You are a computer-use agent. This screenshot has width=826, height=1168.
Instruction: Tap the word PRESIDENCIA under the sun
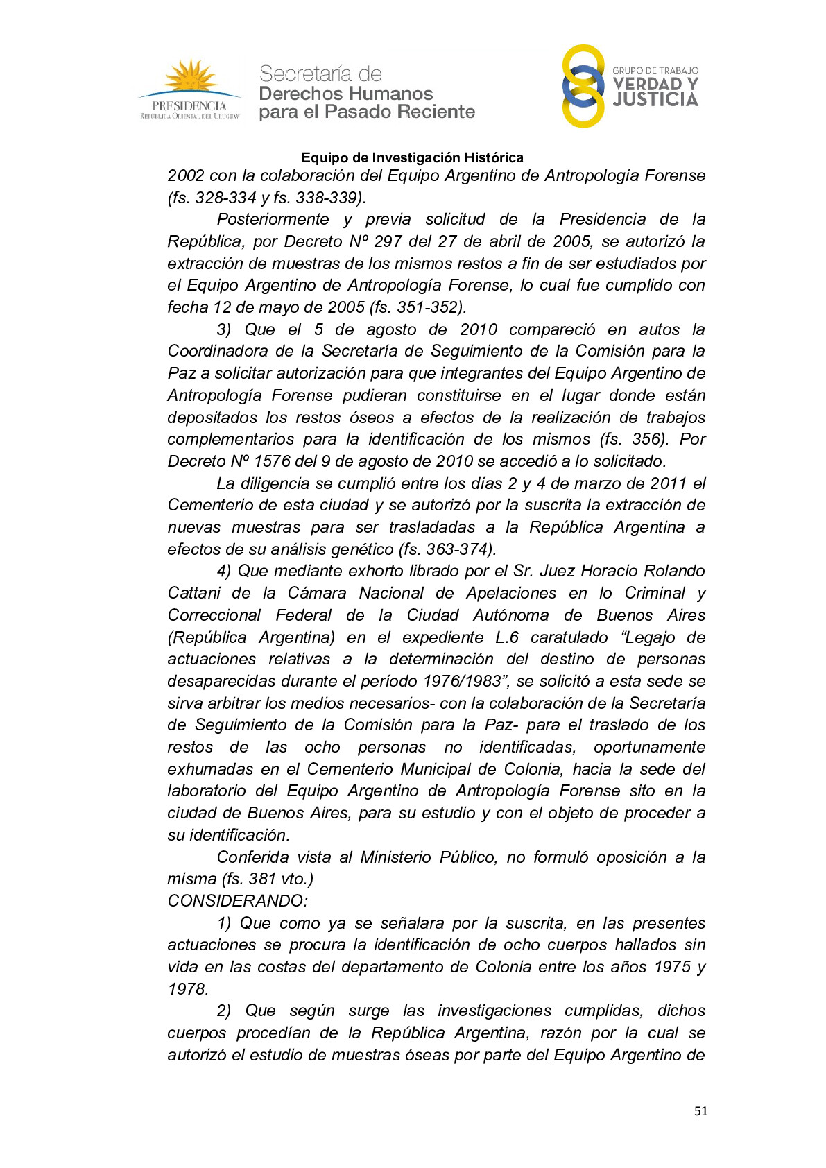(189, 106)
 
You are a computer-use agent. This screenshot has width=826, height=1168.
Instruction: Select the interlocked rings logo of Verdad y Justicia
(583, 86)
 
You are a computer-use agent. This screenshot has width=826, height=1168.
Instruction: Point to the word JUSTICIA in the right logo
(655, 100)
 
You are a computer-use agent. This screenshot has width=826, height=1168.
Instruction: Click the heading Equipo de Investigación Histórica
(412, 157)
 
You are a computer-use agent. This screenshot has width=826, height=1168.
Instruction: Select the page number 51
(700, 1111)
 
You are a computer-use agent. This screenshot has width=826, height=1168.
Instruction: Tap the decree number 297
(388, 241)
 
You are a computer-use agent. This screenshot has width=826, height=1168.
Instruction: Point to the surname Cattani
(194, 593)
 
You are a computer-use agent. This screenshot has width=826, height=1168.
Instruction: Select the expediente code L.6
(506, 637)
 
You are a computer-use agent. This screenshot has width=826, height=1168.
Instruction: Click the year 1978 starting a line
(187, 989)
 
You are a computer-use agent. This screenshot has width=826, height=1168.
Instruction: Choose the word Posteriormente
(273, 219)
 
